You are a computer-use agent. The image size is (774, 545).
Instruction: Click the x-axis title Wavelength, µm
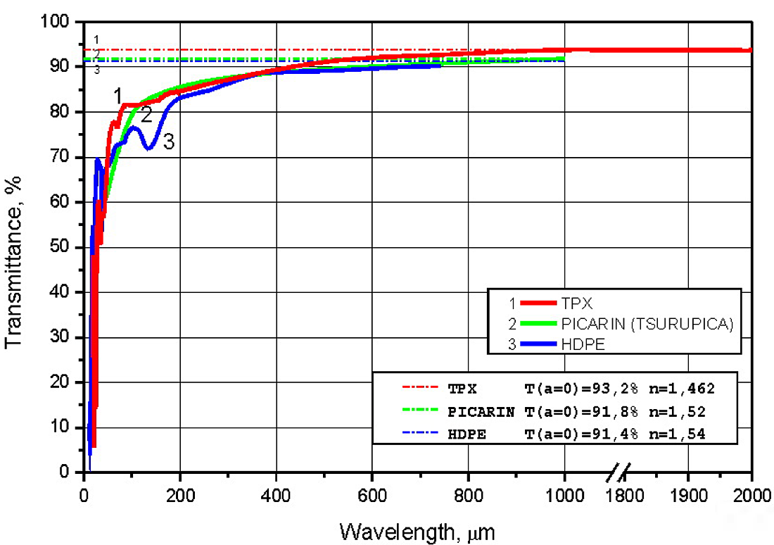click(418, 530)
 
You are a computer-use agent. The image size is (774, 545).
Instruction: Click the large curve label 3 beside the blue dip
click(168, 142)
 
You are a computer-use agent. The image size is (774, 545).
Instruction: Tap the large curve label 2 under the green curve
click(146, 115)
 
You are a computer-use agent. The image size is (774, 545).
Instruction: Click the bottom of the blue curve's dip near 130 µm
click(148, 149)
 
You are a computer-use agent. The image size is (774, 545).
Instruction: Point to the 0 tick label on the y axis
click(72, 472)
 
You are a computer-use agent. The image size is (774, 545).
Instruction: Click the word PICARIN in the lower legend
click(481, 411)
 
